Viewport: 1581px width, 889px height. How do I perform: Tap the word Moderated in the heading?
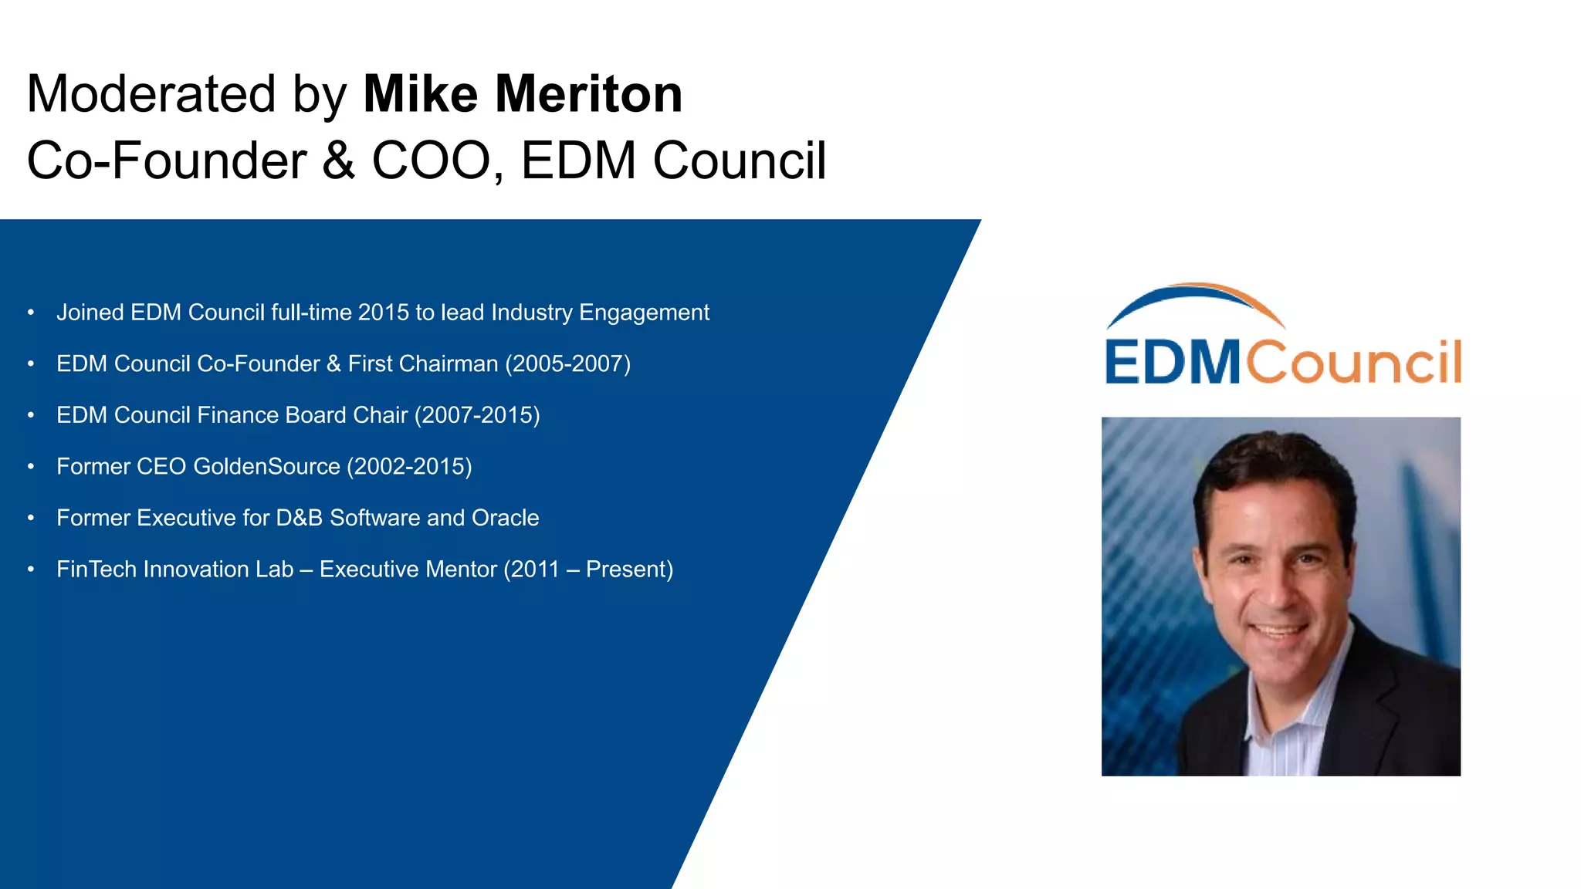tap(151, 94)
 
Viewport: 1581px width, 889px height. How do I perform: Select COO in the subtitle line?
tap(431, 161)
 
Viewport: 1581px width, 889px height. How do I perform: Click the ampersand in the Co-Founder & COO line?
tap(339, 161)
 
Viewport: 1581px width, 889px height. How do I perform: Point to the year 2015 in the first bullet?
tap(383, 313)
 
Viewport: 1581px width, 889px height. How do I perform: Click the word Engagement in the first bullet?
tap(644, 313)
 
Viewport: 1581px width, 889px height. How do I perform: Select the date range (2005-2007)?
tap(567, 363)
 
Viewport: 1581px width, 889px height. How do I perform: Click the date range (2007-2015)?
tap(477, 415)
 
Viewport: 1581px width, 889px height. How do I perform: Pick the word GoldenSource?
tap(266, 467)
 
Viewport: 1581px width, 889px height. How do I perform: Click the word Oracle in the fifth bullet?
tap(505, 518)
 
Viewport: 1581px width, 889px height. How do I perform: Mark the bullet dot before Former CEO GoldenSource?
tap(31, 467)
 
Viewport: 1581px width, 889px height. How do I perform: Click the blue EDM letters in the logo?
tap(1172, 362)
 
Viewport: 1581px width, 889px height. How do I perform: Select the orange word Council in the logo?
tap(1354, 362)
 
